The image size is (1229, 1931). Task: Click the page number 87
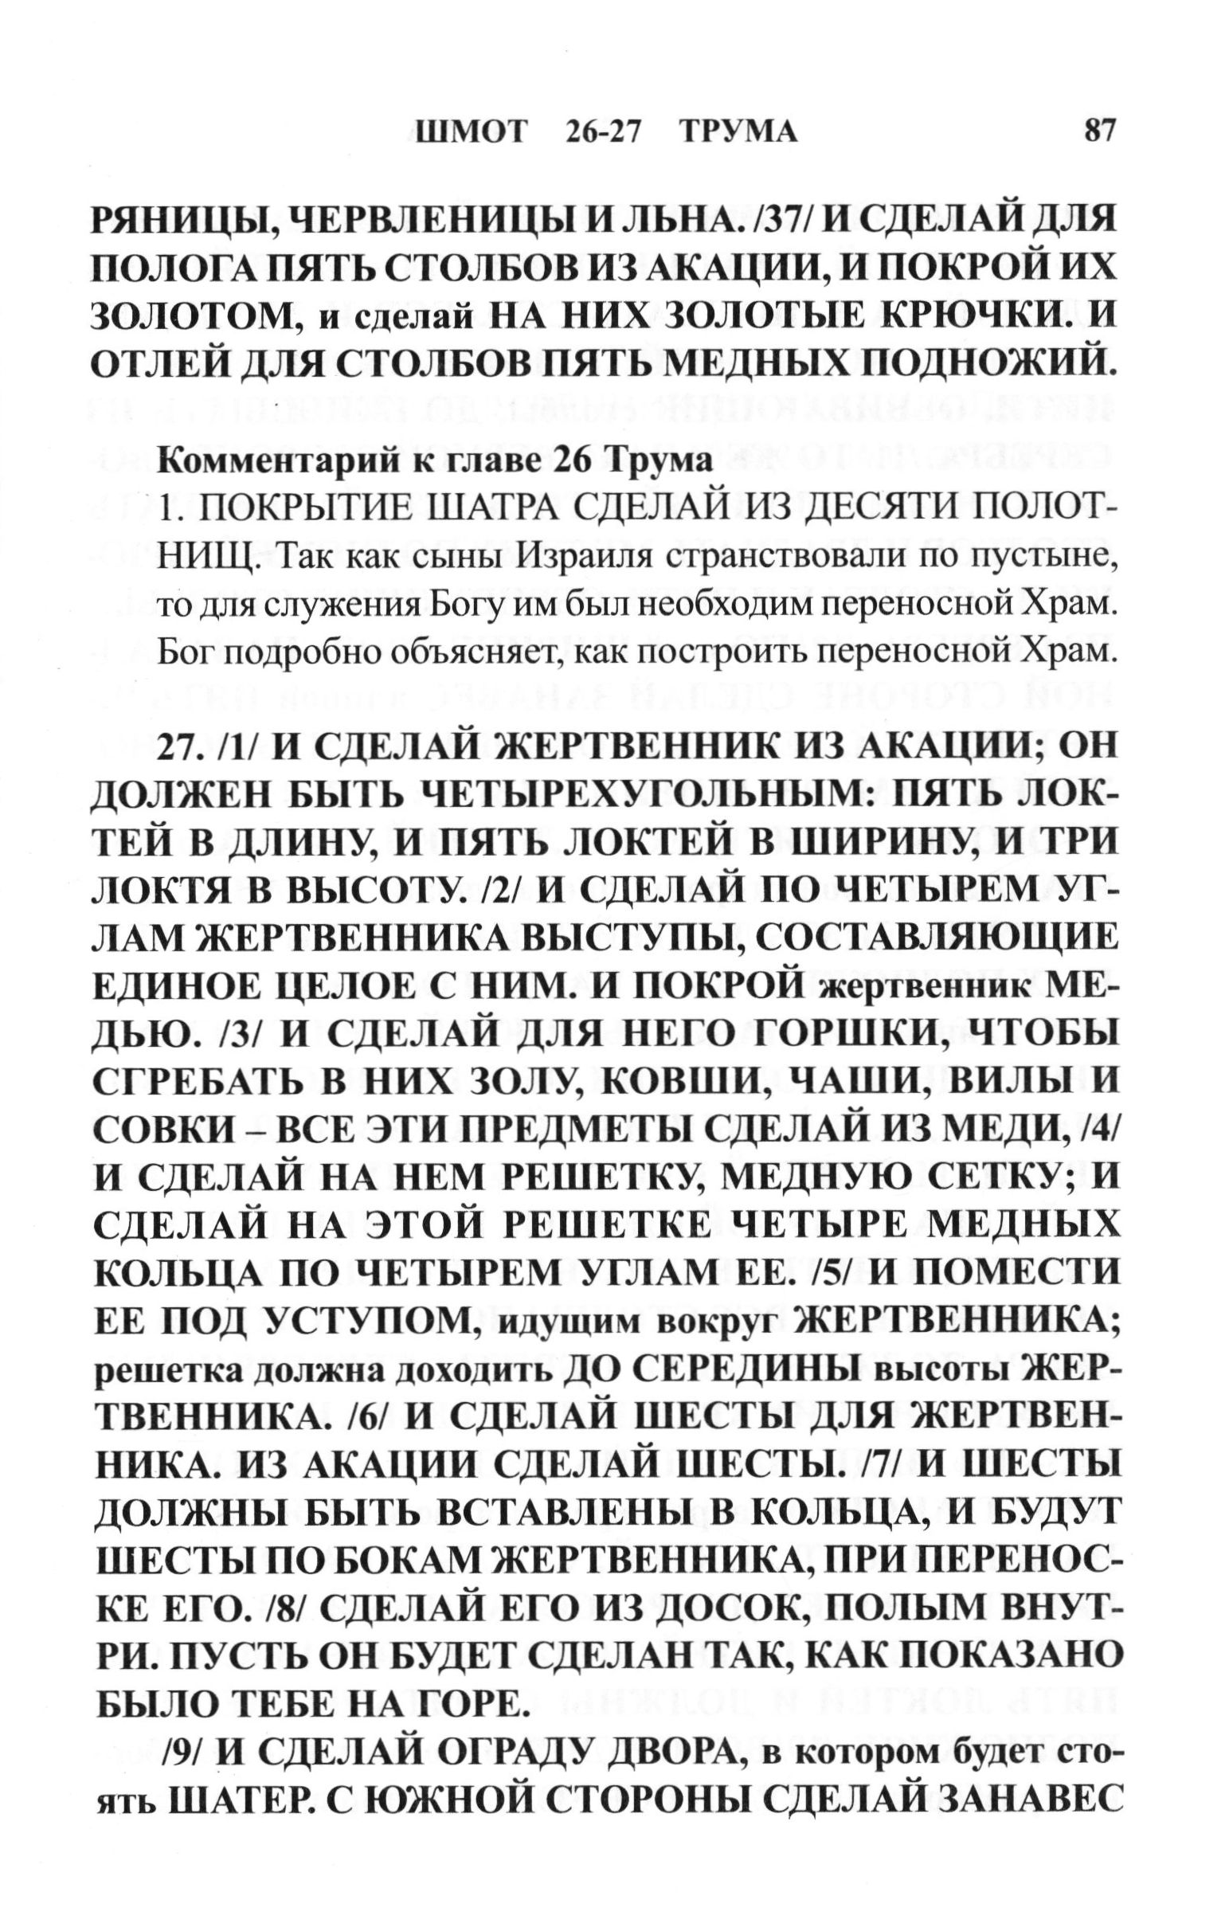[1098, 130]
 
